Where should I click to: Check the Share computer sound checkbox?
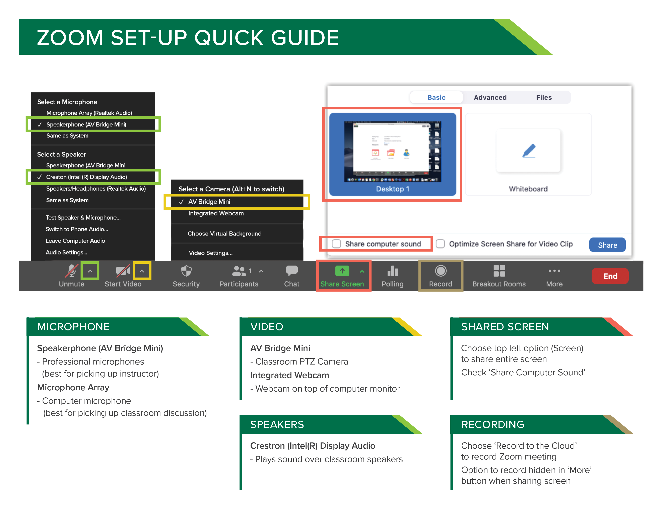point(336,244)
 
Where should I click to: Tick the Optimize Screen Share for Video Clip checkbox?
point(440,244)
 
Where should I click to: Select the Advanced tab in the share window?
point(490,97)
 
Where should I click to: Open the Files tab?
point(544,97)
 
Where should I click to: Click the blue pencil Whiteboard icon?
point(529,151)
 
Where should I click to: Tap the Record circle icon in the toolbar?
point(440,271)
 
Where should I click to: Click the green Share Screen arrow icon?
point(342,271)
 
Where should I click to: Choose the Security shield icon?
point(186,271)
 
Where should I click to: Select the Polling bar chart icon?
point(393,271)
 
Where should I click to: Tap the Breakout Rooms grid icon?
point(499,271)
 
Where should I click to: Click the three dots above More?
point(554,271)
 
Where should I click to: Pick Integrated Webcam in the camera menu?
point(216,213)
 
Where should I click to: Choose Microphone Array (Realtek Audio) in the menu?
point(89,113)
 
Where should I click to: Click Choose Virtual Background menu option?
point(224,233)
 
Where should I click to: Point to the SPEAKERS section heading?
point(277,424)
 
